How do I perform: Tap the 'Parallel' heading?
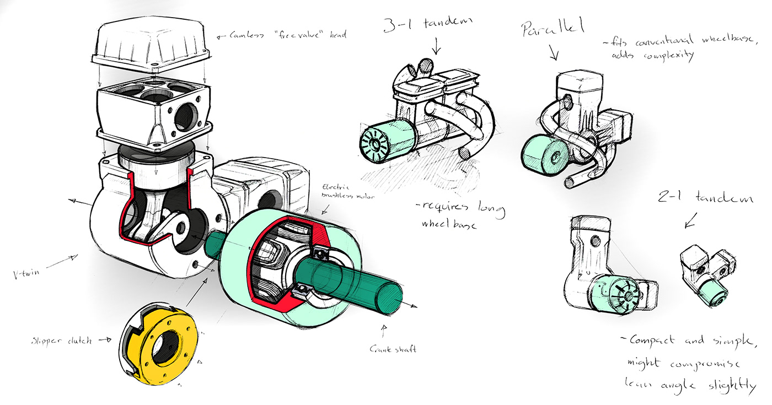[551, 30]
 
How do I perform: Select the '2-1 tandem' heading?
[705, 197]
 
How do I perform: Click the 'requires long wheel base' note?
[460, 215]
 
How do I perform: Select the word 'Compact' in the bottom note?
[651, 340]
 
